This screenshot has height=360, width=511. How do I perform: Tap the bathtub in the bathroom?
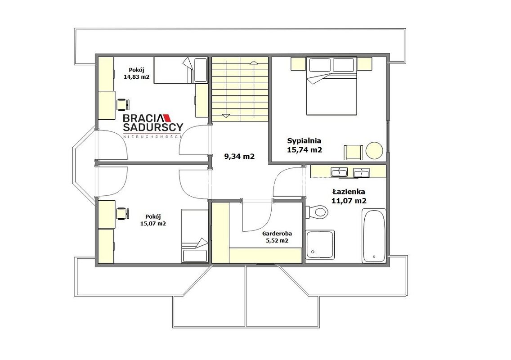point(374,236)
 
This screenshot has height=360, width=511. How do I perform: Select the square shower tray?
point(320,245)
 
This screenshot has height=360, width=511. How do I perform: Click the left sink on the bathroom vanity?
point(339,172)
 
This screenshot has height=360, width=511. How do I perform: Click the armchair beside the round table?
point(353,152)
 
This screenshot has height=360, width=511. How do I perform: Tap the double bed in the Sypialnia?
point(332,86)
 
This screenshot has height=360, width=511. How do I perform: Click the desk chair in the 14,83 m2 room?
point(123,104)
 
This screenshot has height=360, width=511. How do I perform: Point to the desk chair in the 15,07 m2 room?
point(123,213)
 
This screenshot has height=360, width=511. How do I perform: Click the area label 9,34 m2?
point(239,157)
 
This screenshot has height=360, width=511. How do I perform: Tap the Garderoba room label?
point(277,234)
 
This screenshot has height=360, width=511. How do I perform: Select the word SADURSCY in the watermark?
point(153,127)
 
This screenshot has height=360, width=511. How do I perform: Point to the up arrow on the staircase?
point(254,62)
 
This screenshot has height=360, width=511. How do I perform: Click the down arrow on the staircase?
point(226,116)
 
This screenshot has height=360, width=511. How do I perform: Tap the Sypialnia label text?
point(304,141)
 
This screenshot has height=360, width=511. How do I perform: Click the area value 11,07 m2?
point(349,201)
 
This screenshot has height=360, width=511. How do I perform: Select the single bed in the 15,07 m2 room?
point(195,236)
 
